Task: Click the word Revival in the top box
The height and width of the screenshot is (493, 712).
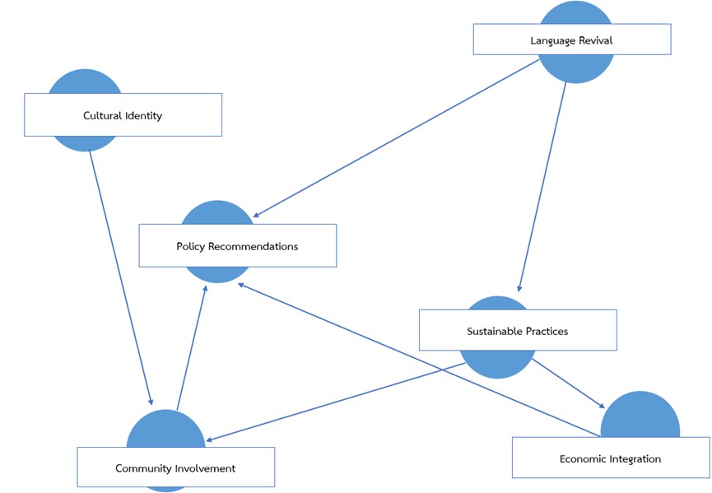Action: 594,40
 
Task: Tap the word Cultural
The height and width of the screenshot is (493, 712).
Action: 102,115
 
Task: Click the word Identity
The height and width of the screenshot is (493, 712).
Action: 144,115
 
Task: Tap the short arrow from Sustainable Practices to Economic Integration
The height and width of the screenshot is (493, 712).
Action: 568,383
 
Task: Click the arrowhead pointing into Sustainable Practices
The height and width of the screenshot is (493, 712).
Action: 519,288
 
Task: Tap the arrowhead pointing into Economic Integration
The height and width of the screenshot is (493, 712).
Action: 603,406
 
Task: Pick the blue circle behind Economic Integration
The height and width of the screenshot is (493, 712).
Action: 640,416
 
